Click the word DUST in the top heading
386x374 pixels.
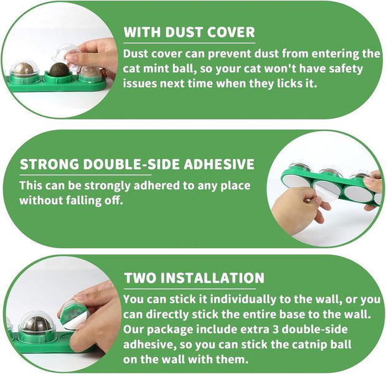[184, 32]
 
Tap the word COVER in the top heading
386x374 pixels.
[231, 32]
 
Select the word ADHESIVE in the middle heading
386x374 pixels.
[219, 164]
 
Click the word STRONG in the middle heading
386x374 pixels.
[49, 164]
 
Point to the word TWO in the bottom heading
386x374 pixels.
[140, 278]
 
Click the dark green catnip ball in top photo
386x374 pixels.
[59, 70]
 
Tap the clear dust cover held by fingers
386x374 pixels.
[65, 57]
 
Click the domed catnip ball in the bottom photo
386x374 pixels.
[37, 324]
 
